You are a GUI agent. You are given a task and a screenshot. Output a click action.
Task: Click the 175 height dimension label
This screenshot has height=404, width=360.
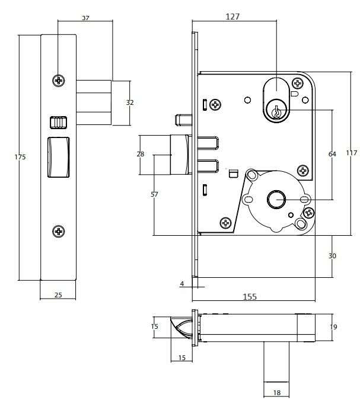[20, 157]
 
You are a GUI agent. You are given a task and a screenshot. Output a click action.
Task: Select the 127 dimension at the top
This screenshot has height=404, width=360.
[232, 17]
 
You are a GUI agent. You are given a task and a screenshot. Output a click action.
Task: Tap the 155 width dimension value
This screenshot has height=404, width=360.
[250, 297]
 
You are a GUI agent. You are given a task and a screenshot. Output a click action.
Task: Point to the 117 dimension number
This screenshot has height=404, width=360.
[352, 153]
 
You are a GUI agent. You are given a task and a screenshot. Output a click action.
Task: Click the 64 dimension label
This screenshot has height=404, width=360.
[332, 154]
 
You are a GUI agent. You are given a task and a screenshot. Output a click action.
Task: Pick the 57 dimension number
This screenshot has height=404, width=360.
[154, 194]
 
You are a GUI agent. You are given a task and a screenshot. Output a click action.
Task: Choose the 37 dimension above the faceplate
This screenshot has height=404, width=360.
[85, 18]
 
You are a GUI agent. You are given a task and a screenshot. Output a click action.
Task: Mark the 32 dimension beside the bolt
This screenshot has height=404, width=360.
[130, 102]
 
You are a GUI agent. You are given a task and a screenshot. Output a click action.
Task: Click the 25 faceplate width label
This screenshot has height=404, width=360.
[58, 295]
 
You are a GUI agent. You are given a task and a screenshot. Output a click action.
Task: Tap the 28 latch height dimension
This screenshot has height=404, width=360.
[141, 154]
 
